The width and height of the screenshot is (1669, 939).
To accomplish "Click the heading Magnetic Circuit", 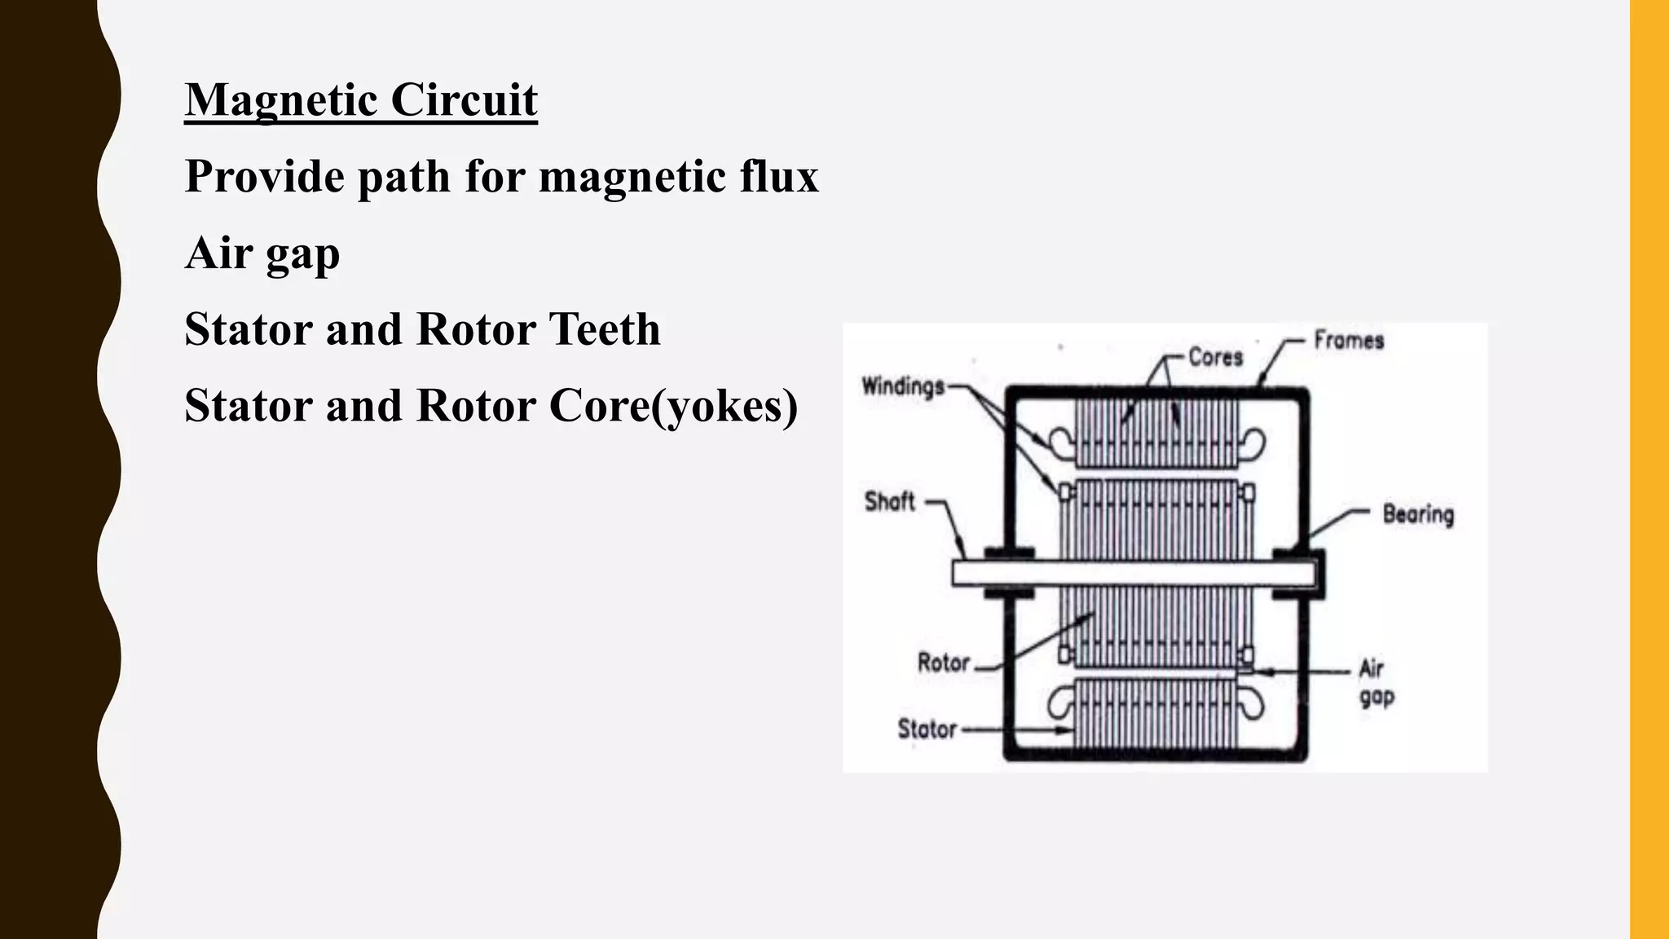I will pyautogui.click(x=361, y=100).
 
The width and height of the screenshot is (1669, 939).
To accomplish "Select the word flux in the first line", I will pyautogui.click(x=779, y=176).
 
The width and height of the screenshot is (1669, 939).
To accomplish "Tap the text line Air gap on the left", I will pyautogui.click(x=262, y=253).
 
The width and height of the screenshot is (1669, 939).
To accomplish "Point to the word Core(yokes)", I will pyautogui.click(x=673, y=406).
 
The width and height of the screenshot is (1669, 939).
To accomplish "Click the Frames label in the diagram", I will pyautogui.click(x=1349, y=340).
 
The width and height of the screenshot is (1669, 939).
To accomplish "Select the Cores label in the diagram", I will pyautogui.click(x=1215, y=356).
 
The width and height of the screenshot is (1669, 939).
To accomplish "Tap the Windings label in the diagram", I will pyautogui.click(x=903, y=386).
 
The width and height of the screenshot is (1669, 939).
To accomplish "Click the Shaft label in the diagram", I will pyautogui.click(x=889, y=500).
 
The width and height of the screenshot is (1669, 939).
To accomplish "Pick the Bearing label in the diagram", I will pyautogui.click(x=1418, y=514).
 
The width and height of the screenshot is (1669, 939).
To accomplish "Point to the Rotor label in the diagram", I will pyautogui.click(x=944, y=662).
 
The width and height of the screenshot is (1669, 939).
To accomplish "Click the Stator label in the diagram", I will pyautogui.click(x=927, y=728).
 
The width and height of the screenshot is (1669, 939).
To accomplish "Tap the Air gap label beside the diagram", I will pyautogui.click(x=1376, y=682).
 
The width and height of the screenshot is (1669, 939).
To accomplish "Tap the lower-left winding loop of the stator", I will pyautogui.click(x=1061, y=703).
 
